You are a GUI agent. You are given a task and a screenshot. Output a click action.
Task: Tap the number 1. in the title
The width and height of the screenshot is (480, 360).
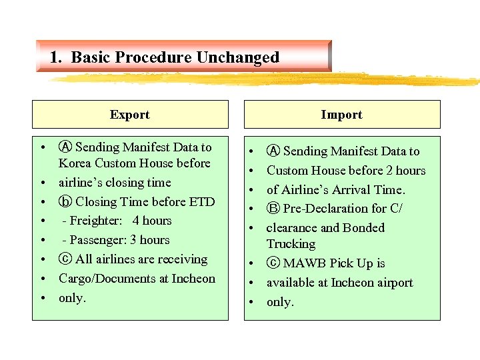pos(56,57)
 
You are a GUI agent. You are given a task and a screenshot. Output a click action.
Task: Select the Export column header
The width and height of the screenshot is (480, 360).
pos(129,115)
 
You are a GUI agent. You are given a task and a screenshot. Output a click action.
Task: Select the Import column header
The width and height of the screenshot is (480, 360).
pos(341,115)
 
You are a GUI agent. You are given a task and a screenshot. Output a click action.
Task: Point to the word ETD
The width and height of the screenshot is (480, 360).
pos(201,202)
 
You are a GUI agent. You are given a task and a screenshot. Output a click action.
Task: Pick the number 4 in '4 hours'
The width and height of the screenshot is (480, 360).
pos(135,221)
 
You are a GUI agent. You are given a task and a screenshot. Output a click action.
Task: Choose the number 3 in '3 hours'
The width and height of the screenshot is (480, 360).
pos(133,240)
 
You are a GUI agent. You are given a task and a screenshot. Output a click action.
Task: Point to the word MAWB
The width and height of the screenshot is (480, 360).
pos(304,263)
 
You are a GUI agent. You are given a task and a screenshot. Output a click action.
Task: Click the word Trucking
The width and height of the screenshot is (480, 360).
pos(291,244)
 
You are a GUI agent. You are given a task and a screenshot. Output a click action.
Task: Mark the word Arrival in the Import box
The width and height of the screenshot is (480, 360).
pos(356,190)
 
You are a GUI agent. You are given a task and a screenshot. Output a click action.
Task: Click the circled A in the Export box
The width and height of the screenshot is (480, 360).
pos(65,147)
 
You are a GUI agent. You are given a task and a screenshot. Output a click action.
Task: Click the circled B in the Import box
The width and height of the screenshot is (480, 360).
pos(273,209)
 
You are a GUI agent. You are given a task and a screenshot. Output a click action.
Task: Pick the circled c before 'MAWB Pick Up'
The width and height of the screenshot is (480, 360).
pos(273,263)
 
